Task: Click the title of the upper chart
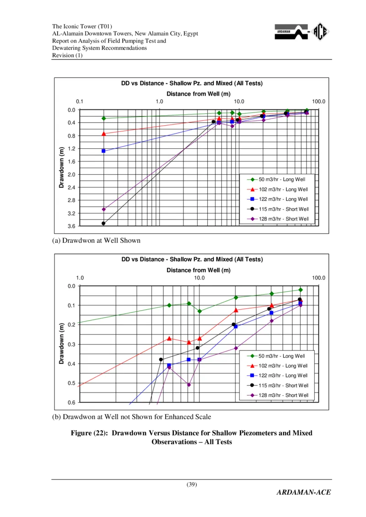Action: (x=192, y=83)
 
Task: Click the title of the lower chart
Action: (x=192, y=259)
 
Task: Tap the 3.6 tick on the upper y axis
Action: (x=71, y=226)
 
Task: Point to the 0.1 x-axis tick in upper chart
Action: (x=80, y=102)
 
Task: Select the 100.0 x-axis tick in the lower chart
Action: (x=318, y=278)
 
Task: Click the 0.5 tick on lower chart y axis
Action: (x=71, y=383)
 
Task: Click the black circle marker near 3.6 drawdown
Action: (x=103, y=223)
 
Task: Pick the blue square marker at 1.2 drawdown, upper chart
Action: (x=103, y=151)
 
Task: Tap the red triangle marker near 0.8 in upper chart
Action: (x=103, y=134)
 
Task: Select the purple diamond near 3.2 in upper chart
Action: (x=103, y=209)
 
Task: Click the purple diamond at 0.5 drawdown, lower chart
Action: (x=188, y=385)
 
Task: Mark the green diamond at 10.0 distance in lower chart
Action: (x=199, y=311)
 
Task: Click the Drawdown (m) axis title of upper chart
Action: (x=61, y=167)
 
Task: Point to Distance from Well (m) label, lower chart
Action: (x=199, y=270)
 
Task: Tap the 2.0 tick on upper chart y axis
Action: (x=71, y=174)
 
